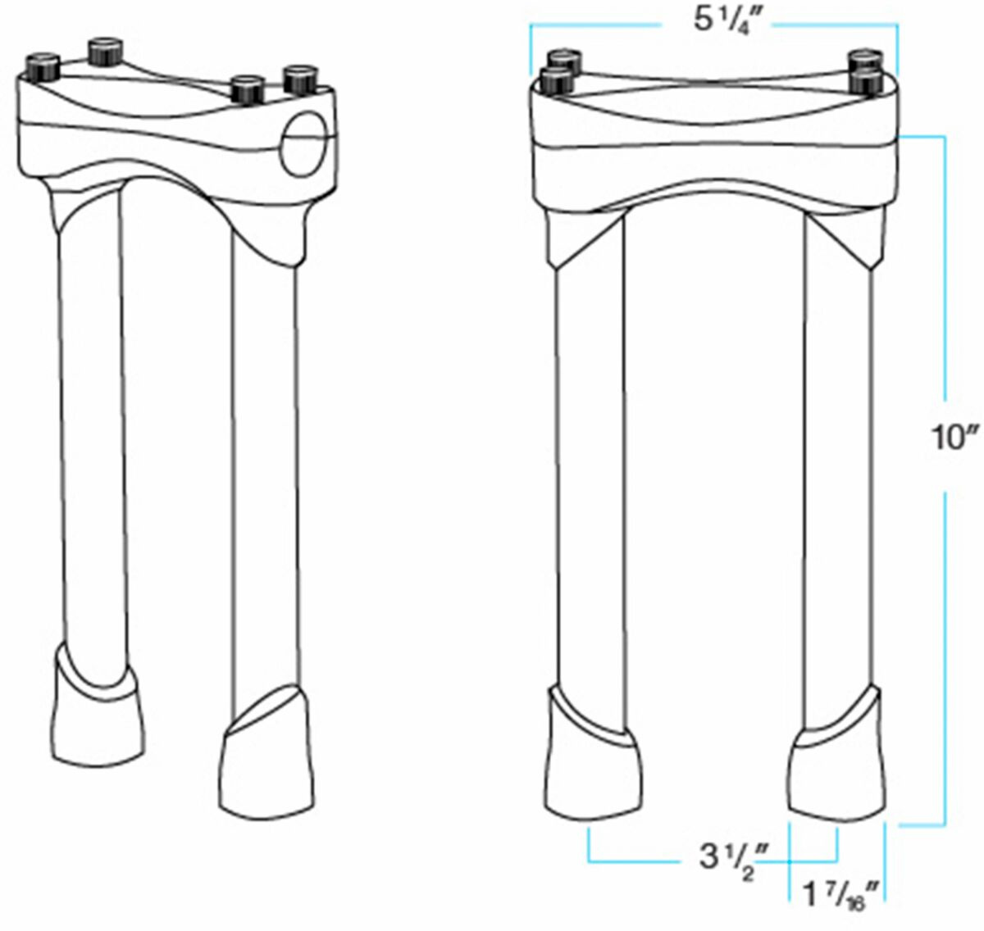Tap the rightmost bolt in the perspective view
[300, 79]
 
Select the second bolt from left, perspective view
[106, 52]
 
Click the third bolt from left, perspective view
[248, 90]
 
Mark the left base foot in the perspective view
[98, 711]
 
